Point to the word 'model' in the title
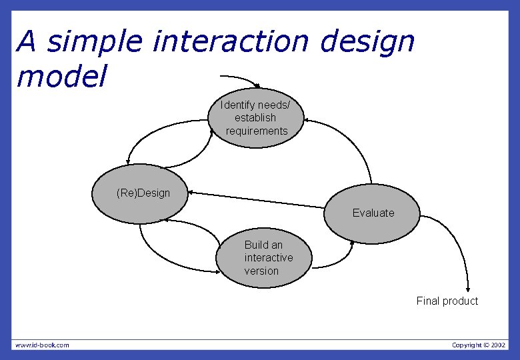click(61, 77)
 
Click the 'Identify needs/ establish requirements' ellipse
click(257, 118)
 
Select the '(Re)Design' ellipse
click(140, 194)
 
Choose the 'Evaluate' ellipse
click(373, 213)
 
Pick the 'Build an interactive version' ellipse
click(265, 258)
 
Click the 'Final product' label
click(447, 301)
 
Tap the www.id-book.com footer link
click(42, 345)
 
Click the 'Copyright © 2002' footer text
click(478, 345)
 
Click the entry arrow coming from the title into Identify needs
click(240, 78)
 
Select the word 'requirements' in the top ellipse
click(257, 131)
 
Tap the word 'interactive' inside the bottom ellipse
click(268, 258)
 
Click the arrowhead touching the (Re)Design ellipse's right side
click(193, 194)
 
